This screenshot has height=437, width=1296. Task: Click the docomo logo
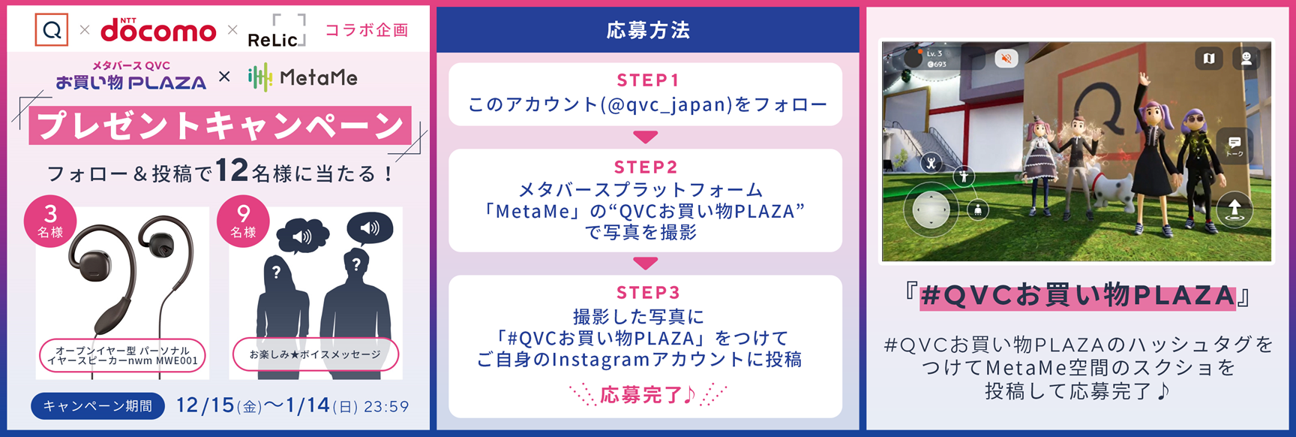tap(158, 30)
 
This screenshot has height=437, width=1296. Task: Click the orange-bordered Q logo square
tap(52, 30)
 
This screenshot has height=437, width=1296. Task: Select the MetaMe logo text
tap(318, 77)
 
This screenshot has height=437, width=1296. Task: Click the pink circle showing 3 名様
tap(50, 221)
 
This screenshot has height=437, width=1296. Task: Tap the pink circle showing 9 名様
tap(242, 221)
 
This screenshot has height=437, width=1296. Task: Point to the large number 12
tap(232, 170)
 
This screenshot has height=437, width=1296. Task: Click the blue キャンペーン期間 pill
tap(97, 406)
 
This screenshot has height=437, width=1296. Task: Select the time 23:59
tap(386, 407)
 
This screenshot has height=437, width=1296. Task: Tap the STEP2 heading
tap(646, 167)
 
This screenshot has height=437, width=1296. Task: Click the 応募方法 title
tap(648, 30)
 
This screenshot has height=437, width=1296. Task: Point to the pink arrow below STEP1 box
tap(645, 137)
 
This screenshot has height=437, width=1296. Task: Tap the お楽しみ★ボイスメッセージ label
tap(315, 354)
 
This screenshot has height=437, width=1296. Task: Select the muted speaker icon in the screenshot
tap(1006, 59)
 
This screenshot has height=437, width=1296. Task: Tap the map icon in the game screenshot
tap(1208, 59)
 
